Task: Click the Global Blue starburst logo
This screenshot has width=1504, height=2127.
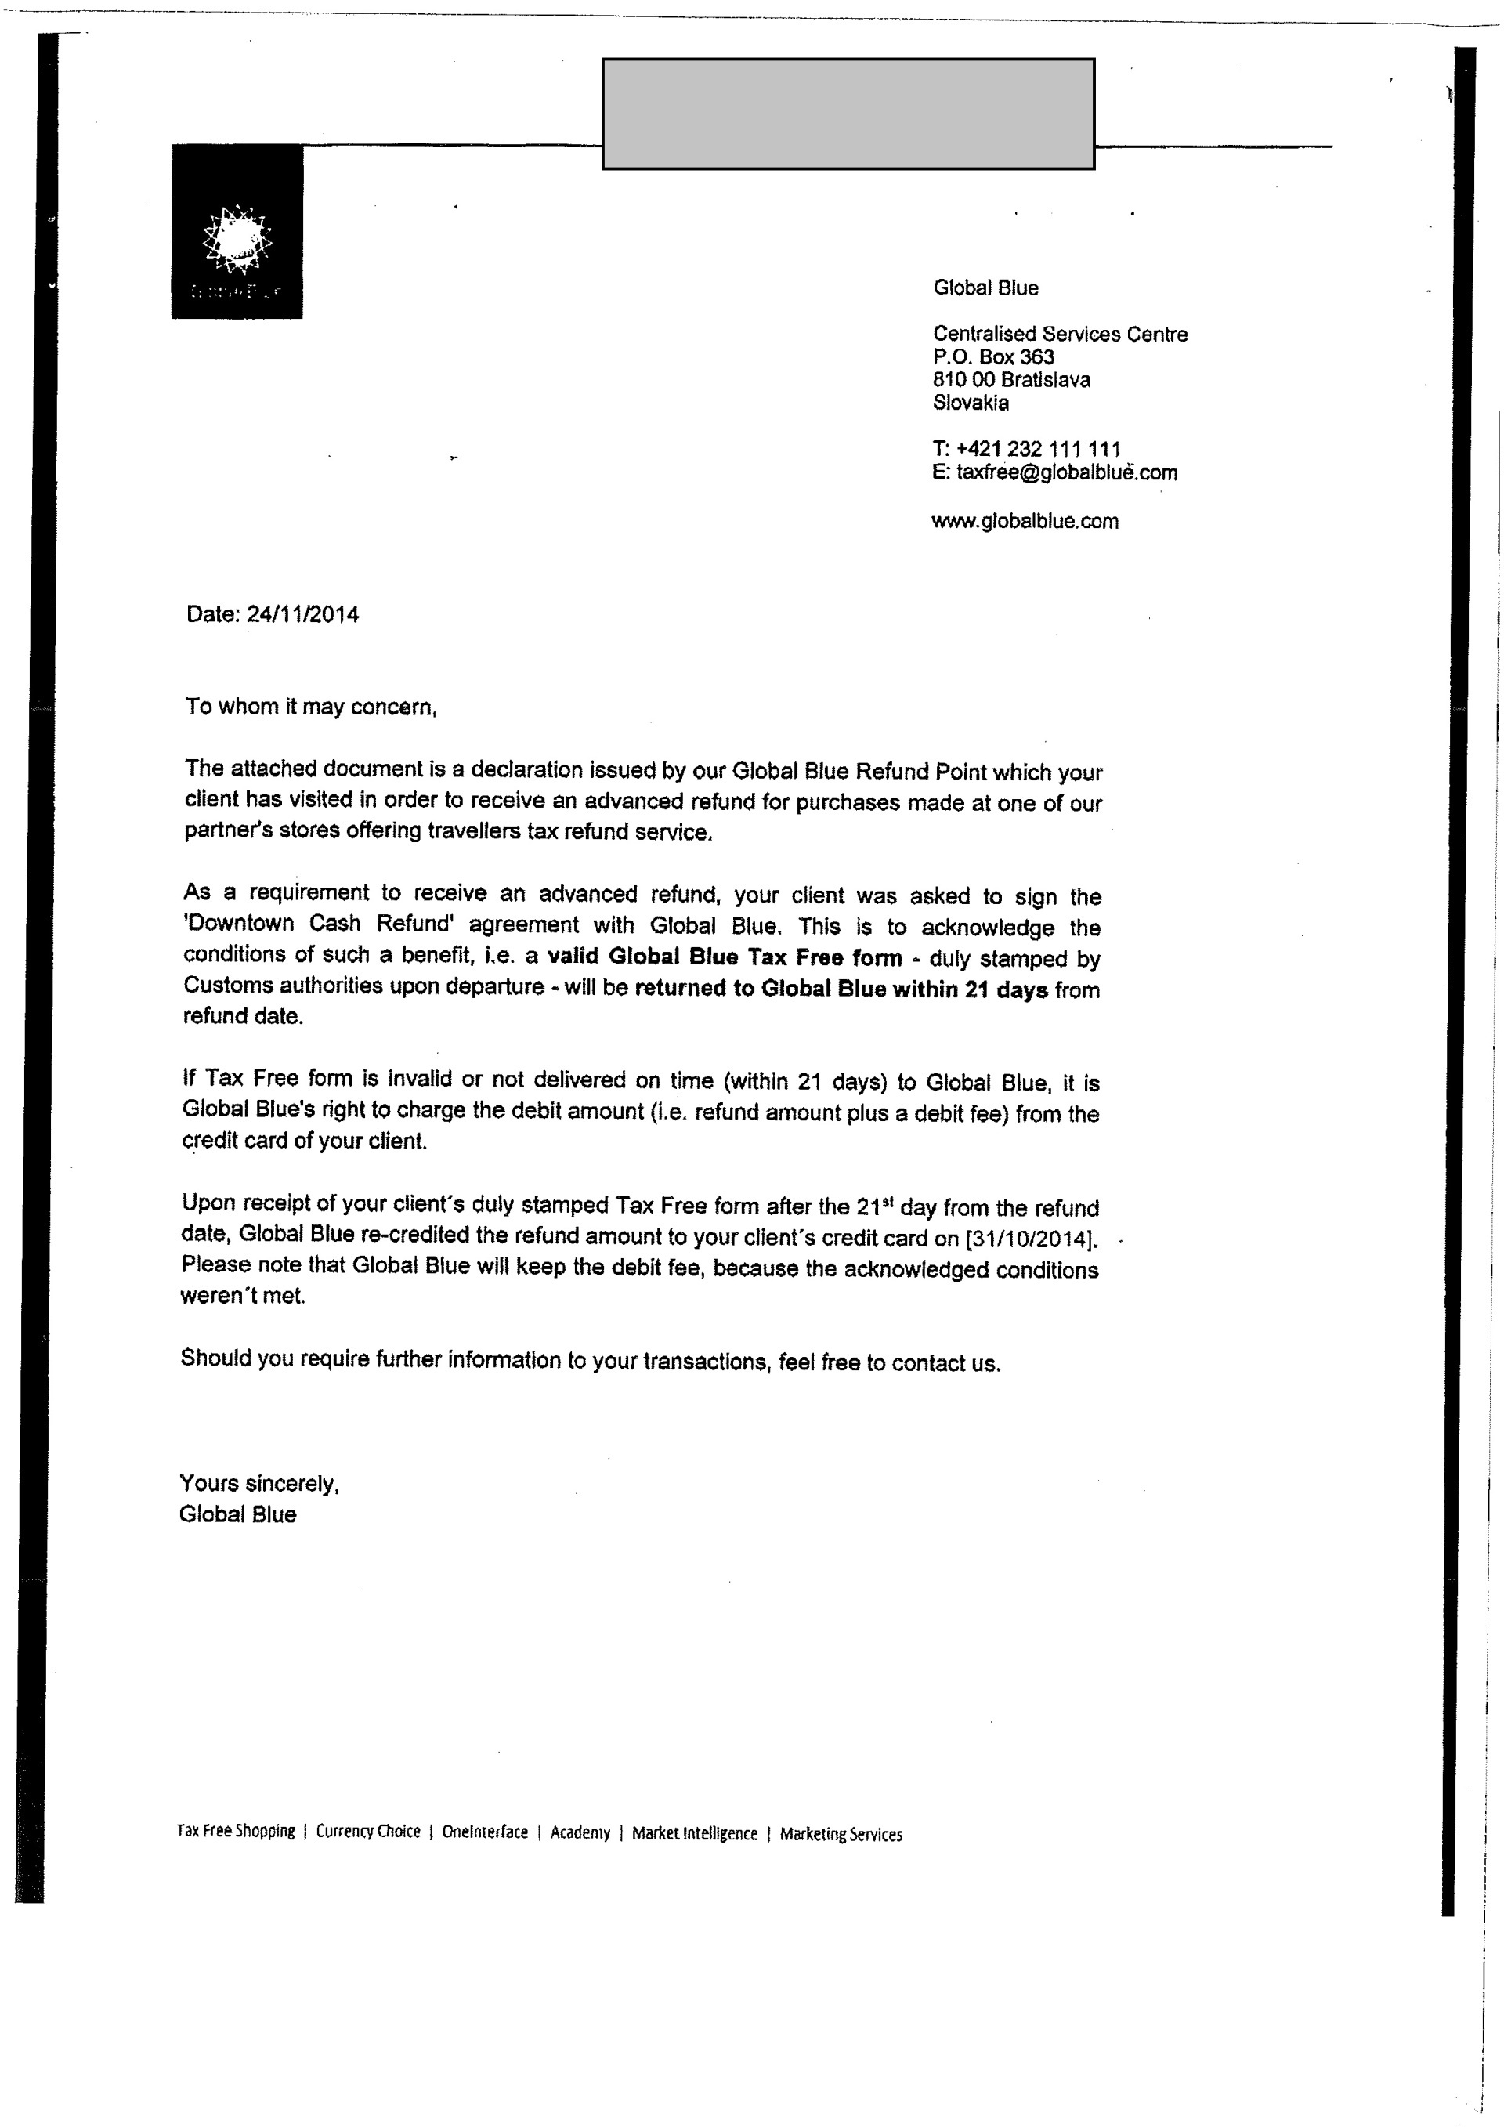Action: tap(237, 239)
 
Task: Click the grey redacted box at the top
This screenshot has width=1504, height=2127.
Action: tap(848, 114)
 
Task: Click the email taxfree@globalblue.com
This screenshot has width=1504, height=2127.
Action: tap(1066, 472)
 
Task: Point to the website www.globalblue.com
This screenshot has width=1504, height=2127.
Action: tap(1025, 522)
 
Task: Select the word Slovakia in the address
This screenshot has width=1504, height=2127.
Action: tap(970, 403)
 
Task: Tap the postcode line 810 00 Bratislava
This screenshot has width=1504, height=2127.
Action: tap(1011, 380)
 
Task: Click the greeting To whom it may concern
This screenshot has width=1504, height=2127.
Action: tap(310, 707)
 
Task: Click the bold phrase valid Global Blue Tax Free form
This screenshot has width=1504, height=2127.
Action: tap(725, 957)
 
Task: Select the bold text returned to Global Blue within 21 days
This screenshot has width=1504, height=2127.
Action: tap(841, 989)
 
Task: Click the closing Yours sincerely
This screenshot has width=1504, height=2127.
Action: tap(259, 1483)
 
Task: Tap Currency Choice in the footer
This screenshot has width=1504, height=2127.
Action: tap(367, 1832)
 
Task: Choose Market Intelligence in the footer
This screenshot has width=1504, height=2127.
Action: tap(695, 1833)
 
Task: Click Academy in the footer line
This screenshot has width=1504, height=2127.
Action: tap(580, 1832)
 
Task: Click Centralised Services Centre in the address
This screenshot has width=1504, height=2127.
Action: tap(1060, 335)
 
